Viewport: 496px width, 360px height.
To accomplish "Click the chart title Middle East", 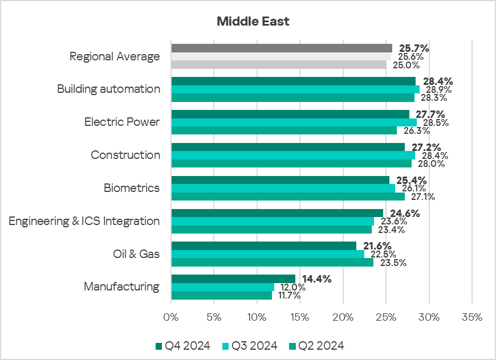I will coord(253,22).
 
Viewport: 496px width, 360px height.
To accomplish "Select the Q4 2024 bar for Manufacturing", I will coord(233,279).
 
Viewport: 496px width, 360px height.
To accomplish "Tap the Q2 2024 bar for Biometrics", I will coord(288,197).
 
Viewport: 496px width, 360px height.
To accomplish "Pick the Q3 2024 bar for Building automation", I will coord(295,89).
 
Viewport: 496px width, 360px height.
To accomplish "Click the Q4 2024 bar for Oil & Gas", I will coord(263,246).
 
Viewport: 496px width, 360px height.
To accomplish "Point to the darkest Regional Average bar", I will coord(282,48).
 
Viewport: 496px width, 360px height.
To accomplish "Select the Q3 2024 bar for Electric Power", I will coord(294,122).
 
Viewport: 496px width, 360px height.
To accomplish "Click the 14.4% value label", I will coord(316,279).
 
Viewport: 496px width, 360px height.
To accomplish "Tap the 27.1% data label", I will coord(422,197).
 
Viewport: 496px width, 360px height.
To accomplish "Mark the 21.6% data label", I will coord(377,246).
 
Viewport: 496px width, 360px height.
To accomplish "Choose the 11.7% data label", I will coord(288,296).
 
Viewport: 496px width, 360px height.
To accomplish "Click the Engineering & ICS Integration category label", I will coord(84,221).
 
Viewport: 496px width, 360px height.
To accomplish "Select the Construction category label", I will coord(125,155).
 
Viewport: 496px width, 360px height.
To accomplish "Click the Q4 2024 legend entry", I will coord(182,346).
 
